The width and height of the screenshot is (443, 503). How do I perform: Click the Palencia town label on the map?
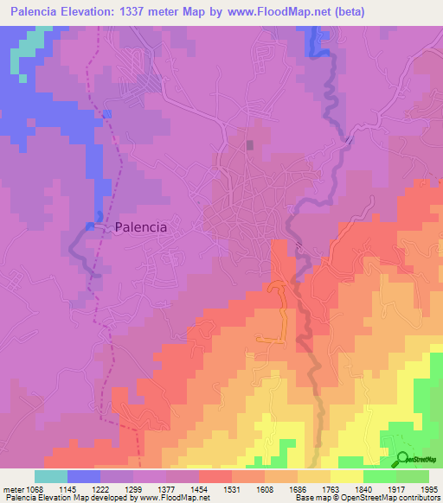tap(140, 227)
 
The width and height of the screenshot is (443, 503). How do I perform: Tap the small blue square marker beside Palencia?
tap(90, 226)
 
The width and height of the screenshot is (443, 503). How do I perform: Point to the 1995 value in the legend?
tap(427, 489)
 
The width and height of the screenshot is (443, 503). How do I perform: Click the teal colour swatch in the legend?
tap(51, 476)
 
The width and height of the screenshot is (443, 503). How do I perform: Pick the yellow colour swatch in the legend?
tap(346, 476)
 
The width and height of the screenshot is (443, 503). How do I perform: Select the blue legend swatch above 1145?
tap(84, 476)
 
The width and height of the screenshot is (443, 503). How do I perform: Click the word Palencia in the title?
tap(42, 12)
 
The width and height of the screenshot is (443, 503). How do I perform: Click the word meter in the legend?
tap(14, 489)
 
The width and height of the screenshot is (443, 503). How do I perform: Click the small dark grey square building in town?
tap(250, 145)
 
